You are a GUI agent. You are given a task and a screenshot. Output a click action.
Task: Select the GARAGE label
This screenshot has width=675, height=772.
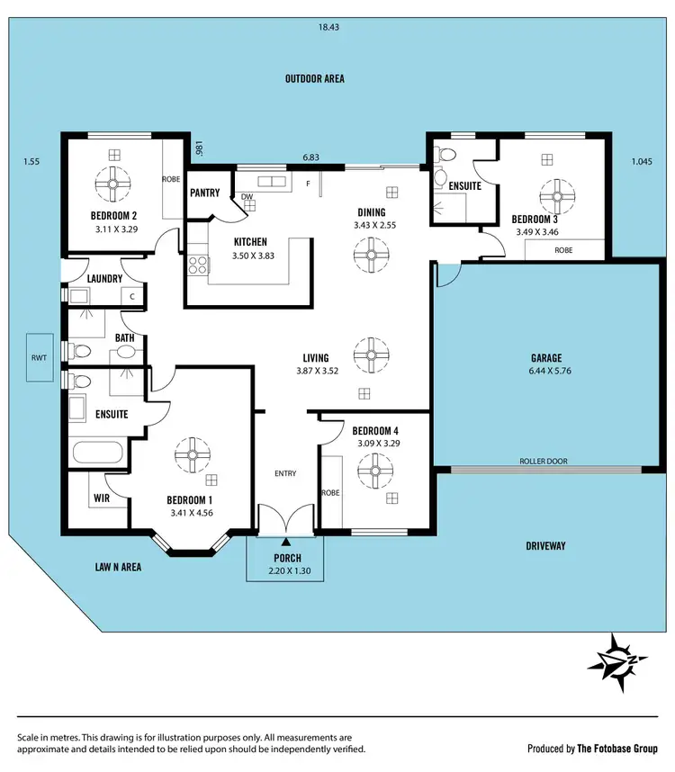click(x=545, y=357)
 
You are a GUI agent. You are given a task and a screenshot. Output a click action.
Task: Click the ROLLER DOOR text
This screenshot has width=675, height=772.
click(x=544, y=462)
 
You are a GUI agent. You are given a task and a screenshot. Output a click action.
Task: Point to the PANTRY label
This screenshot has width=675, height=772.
click(x=205, y=193)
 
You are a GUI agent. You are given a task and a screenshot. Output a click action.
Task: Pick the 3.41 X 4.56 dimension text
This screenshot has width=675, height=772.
click(x=190, y=513)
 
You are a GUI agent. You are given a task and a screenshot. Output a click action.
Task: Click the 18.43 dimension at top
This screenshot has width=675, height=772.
click(x=329, y=28)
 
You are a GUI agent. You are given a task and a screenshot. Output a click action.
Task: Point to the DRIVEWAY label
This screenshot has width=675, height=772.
click(x=545, y=546)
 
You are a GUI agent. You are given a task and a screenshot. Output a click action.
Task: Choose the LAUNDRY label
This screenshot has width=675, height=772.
click(x=104, y=279)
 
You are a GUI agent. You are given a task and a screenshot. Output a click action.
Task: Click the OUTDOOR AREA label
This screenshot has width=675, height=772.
click(x=315, y=78)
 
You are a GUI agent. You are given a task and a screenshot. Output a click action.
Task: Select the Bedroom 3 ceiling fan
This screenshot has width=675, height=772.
click(x=558, y=194)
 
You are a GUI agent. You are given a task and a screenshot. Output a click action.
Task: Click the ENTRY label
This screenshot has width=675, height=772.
click(x=285, y=473)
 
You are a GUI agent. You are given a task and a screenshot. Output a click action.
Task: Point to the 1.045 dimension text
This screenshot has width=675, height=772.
click(x=642, y=161)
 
